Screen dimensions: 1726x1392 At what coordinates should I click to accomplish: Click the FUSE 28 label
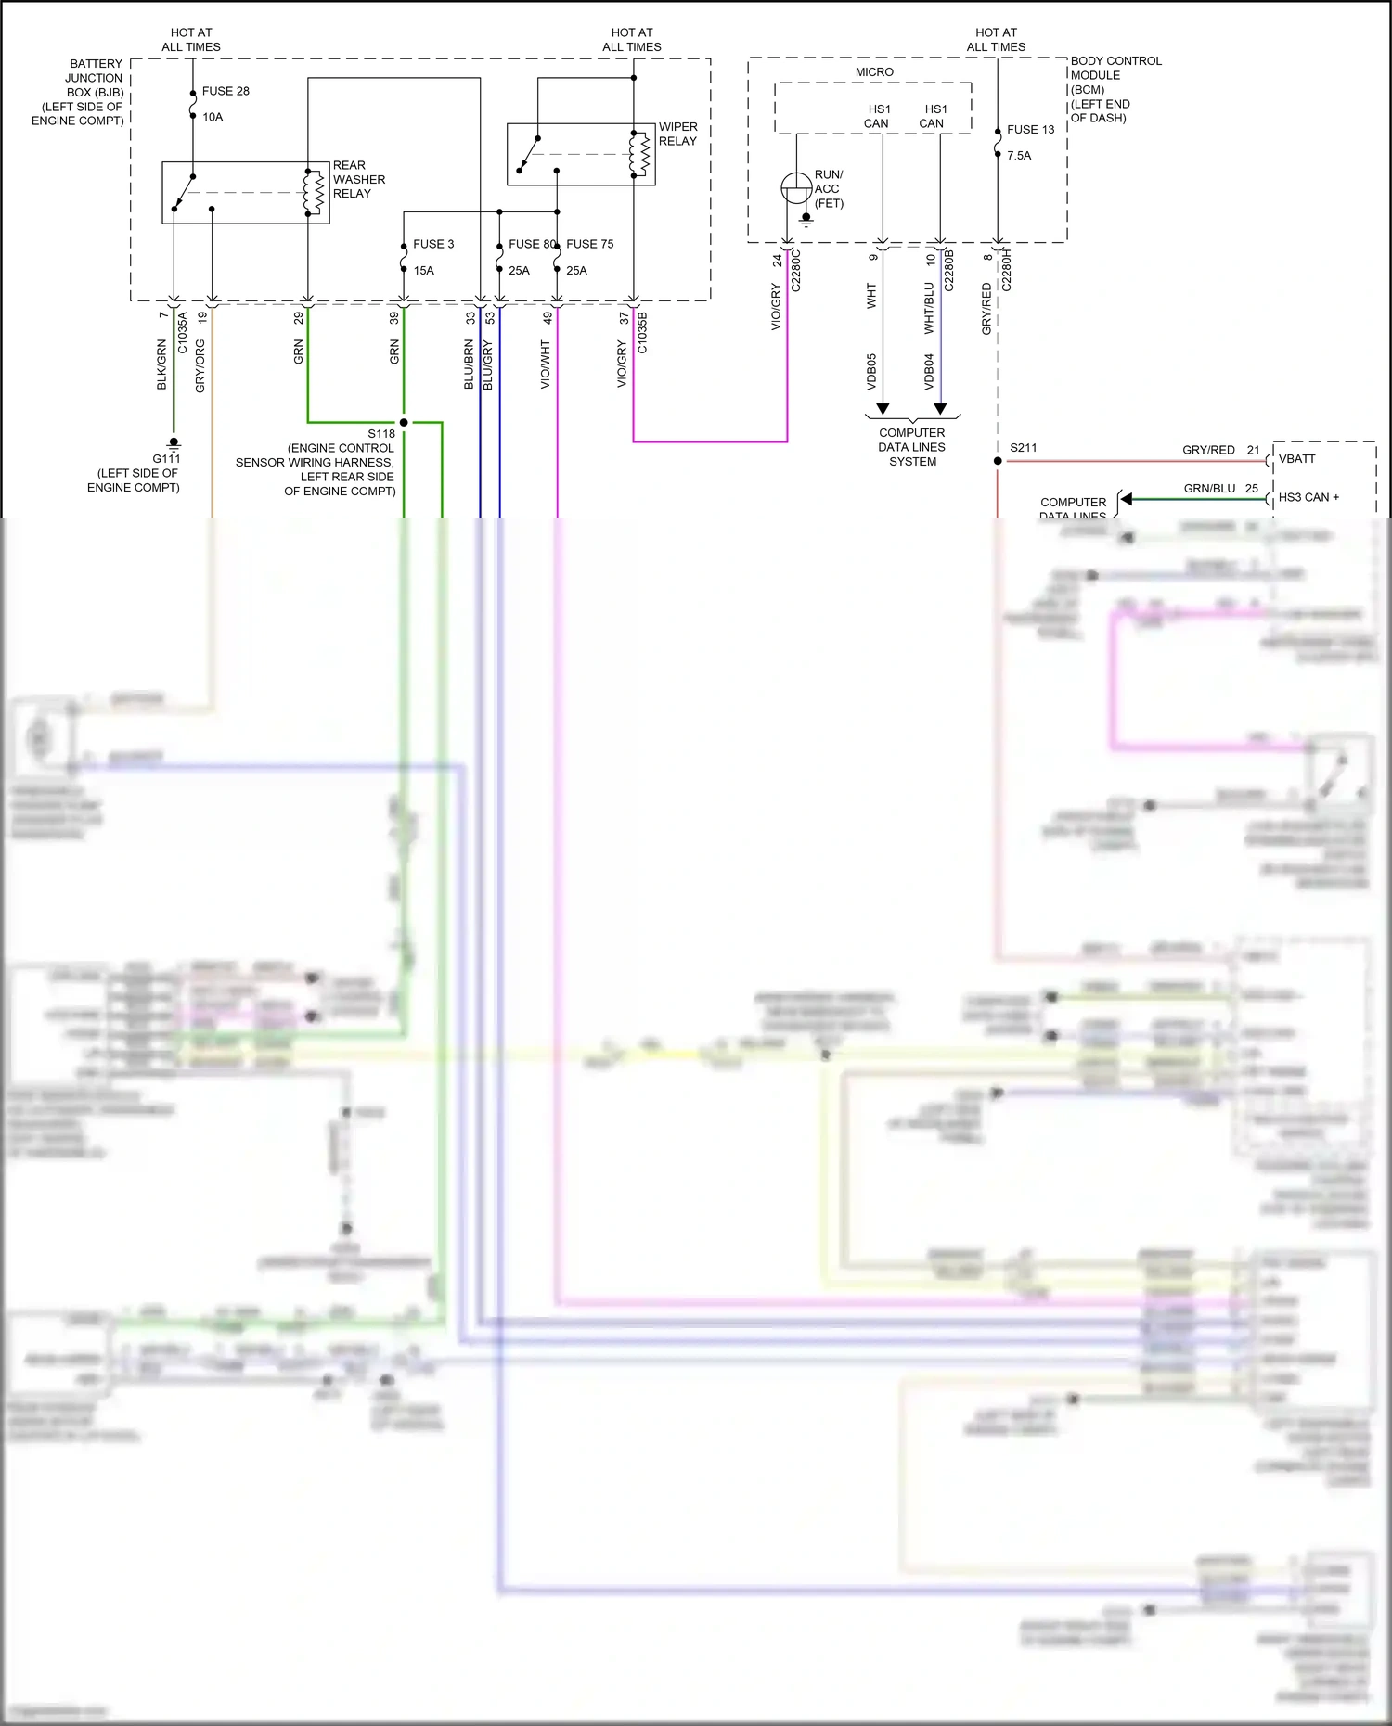pos(226,91)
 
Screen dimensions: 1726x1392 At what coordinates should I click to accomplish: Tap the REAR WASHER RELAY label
pos(358,179)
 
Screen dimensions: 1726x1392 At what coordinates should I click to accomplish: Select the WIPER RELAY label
pos(677,134)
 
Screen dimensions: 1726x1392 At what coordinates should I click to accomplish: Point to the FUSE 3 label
pos(433,244)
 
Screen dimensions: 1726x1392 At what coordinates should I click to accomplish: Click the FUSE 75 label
pos(589,244)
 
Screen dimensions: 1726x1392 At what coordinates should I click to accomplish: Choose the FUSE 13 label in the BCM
pos(1030,130)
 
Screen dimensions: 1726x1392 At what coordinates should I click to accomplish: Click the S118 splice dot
pos(404,422)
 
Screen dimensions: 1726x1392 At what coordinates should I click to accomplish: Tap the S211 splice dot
pos(998,461)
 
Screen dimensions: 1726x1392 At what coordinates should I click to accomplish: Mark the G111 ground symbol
pos(174,443)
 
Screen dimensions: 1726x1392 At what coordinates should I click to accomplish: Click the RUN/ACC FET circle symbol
pos(796,188)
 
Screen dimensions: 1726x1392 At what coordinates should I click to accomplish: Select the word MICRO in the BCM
pos(874,72)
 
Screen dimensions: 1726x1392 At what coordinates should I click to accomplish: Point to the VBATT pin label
pos(1296,459)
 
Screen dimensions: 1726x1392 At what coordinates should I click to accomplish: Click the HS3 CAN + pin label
pos(1308,497)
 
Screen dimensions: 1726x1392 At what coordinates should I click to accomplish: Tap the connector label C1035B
pos(642,332)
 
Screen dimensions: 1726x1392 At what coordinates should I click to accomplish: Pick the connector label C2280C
pos(795,270)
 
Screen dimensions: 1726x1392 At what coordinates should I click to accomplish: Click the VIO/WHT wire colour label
pos(546,364)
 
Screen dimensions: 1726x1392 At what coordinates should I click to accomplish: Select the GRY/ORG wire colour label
pos(200,365)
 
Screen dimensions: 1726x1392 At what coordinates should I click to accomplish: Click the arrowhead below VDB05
pos(883,408)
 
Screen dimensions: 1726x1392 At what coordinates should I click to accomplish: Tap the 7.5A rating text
pos(1019,156)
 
